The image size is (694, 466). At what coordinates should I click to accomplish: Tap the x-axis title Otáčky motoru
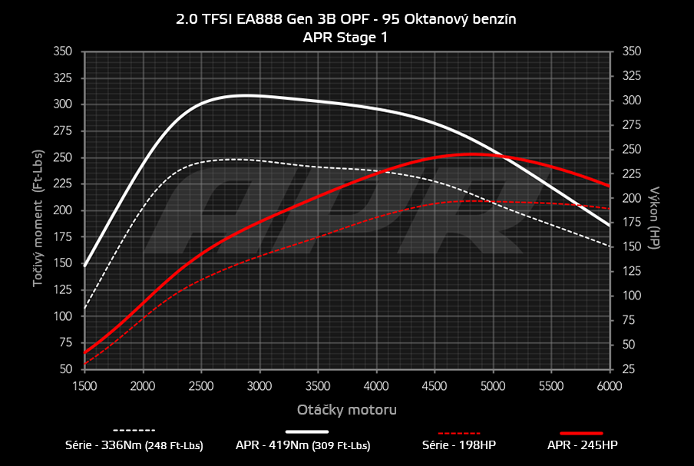[346, 409]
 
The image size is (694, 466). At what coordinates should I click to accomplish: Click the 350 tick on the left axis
[63, 51]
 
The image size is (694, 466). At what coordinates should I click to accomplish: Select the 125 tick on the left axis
[63, 290]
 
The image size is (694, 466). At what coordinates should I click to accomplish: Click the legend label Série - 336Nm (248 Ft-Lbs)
[134, 445]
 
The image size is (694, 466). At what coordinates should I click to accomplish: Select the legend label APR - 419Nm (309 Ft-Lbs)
[303, 445]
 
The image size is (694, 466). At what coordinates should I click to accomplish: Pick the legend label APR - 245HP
[583, 445]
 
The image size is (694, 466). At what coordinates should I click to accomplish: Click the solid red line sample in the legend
[582, 432]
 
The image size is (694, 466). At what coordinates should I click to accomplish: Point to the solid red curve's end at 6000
[609, 186]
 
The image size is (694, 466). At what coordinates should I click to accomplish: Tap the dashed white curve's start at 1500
[84, 308]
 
